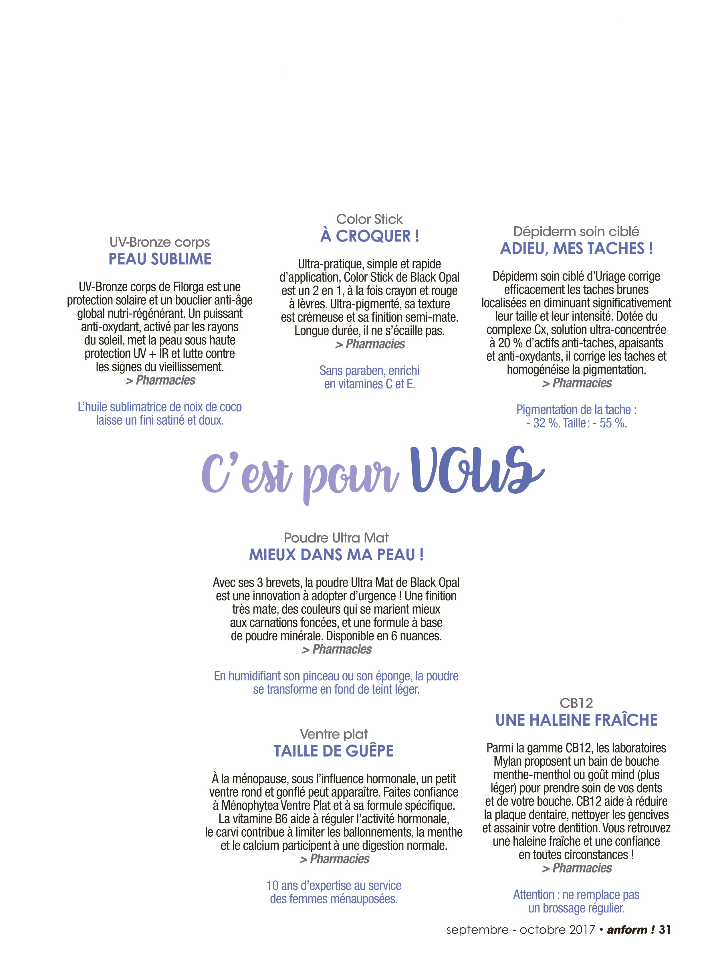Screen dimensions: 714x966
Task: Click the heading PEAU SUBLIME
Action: pyautogui.click(x=160, y=259)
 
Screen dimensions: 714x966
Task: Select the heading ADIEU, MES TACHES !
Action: pyautogui.click(x=577, y=249)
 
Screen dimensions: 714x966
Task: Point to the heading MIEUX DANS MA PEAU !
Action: pyautogui.click(x=336, y=555)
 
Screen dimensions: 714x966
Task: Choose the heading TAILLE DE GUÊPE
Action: pyautogui.click(x=334, y=751)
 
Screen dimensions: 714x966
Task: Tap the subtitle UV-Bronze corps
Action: pyautogui.click(x=160, y=242)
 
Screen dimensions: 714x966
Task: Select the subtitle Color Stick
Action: pyautogui.click(x=370, y=219)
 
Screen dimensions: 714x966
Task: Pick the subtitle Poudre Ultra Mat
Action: pyautogui.click(x=336, y=538)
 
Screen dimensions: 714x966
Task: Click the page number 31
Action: pyautogui.click(x=665, y=929)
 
